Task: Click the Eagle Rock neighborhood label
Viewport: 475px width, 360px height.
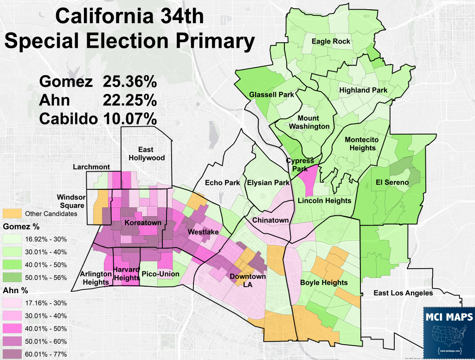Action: pyautogui.click(x=331, y=41)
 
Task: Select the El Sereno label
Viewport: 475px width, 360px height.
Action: pyautogui.click(x=392, y=182)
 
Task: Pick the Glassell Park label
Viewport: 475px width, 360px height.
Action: pyautogui.click(x=272, y=94)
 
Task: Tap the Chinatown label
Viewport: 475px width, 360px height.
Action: pyautogui.click(x=270, y=220)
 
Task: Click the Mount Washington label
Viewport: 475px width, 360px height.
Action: pyautogui.click(x=309, y=122)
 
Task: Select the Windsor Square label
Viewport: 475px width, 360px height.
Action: pyautogui.click(x=71, y=201)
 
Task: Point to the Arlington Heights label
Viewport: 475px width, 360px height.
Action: pyautogui.click(x=96, y=278)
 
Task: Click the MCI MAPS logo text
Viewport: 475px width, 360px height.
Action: pyautogui.click(x=449, y=317)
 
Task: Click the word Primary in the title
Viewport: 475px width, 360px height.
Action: pyautogui.click(x=216, y=42)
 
